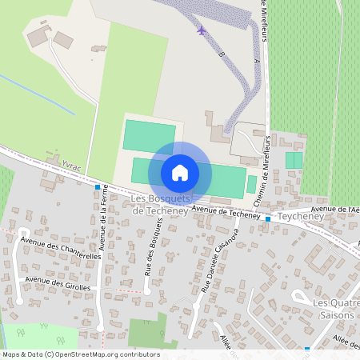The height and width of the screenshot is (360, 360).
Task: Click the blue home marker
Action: click(x=180, y=172)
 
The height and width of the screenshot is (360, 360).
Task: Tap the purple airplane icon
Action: click(x=201, y=30)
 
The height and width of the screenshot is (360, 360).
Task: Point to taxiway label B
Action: click(x=222, y=54)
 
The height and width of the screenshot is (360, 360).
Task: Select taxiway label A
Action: click(x=255, y=62)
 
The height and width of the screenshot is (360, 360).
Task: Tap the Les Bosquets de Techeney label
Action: click(x=160, y=204)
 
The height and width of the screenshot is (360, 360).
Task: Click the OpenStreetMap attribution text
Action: click(x=80, y=354)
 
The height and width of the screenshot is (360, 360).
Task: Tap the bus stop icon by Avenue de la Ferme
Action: click(x=98, y=187)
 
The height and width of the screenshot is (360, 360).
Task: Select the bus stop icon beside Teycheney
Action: click(x=267, y=218)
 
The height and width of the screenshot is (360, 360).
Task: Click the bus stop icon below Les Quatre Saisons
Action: click(x=307, y=349)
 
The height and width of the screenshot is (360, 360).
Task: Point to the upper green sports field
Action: click(x=150, y=135)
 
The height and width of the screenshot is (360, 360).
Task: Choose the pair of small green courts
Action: click(x=294, y=160)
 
